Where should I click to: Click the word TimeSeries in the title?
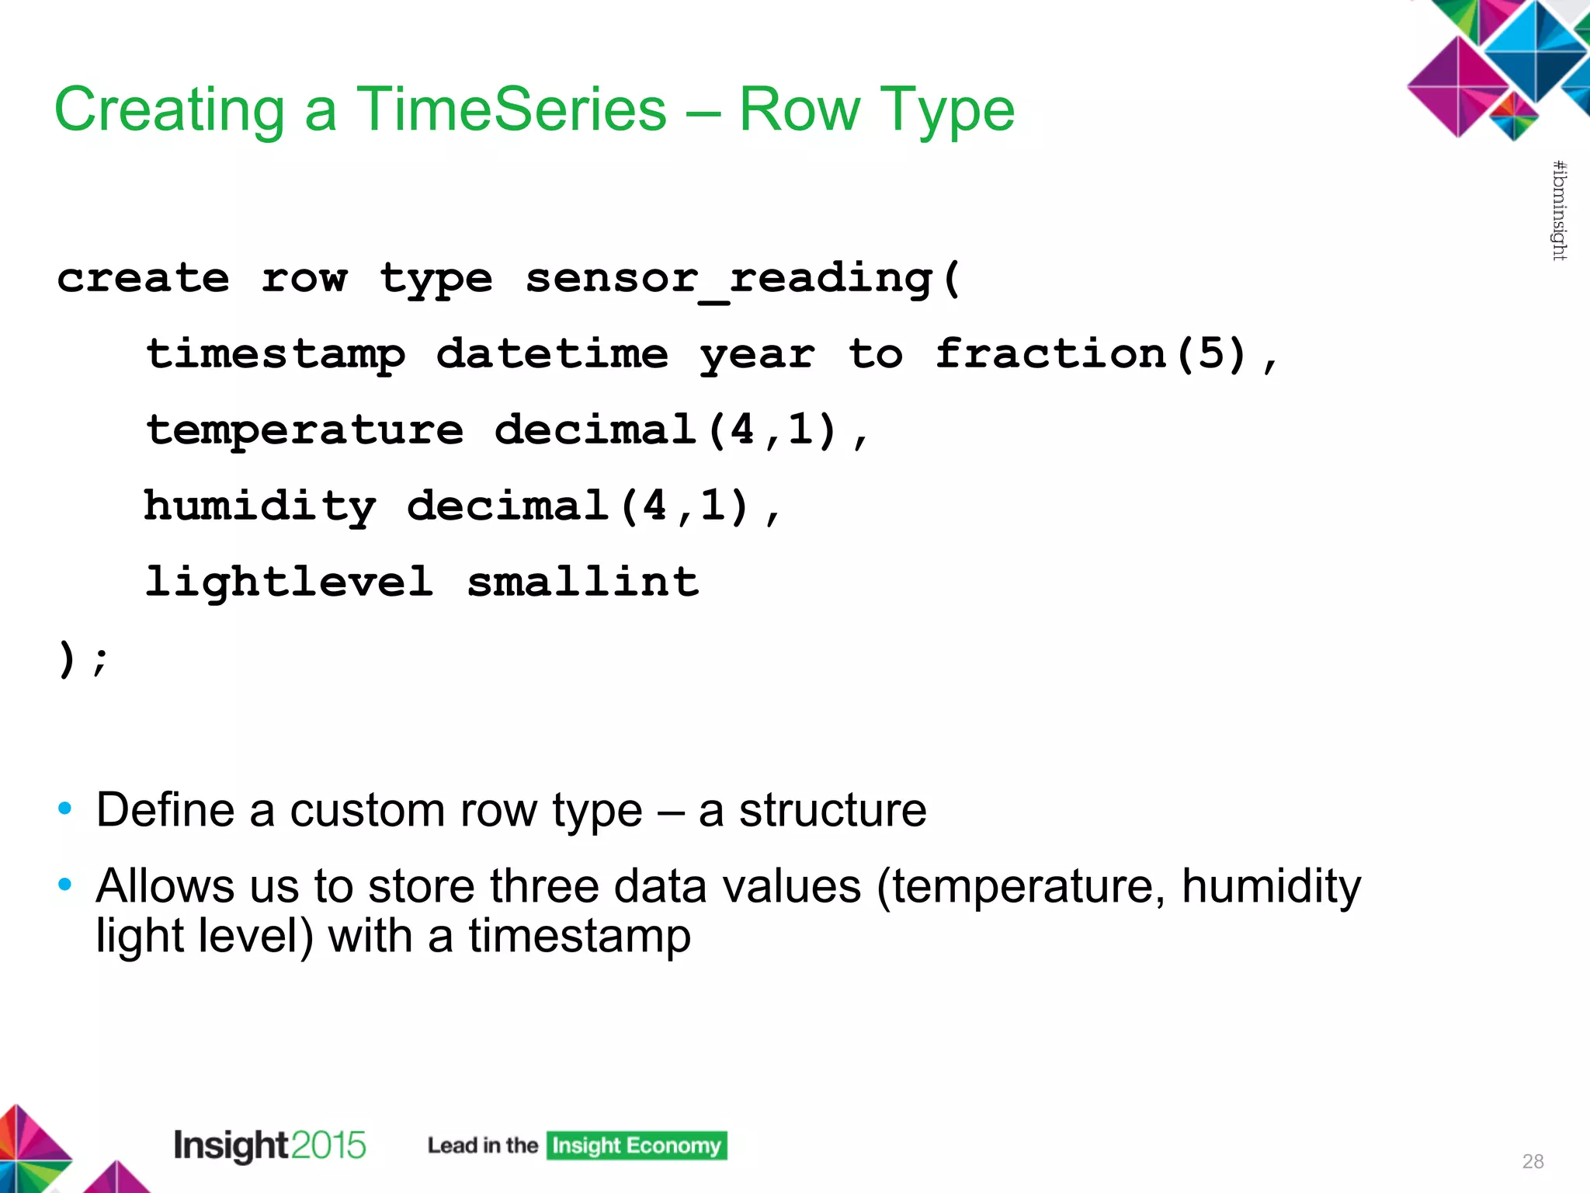click(x=511, y=110)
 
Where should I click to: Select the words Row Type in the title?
click(x=876, y=110)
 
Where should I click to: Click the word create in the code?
click(x=143, y=279)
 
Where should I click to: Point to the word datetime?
click(x=552, y=355)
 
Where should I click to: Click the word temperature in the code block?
click(x=305, y=430)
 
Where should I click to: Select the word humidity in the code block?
click(x=260, y=506)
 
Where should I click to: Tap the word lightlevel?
click(x=289, y=582)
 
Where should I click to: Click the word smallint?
click(x=582, y=582)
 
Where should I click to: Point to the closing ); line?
click(x=82, y=659)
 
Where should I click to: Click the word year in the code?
click(x=757, y=355)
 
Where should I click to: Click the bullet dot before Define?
click(x=65, y=809)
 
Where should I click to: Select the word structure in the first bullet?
click(x=832, y=810)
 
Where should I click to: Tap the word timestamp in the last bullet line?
click(x=579, y=935)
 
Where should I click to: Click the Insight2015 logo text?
click(x=269, y=1145)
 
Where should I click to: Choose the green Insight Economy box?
click(x=636, y=1146)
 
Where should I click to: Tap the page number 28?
click(x=1533, y=1161)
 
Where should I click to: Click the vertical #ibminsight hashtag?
click(x=1559, y=210)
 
